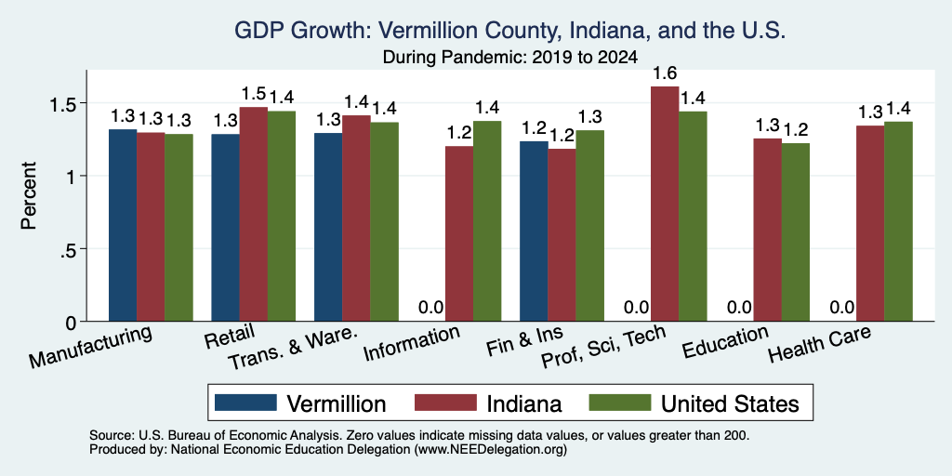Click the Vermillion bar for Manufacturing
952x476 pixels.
point(123,225)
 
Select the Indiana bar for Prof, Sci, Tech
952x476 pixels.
point(665,204)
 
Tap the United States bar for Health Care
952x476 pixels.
point(899,221)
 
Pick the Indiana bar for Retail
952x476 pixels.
point(253,215)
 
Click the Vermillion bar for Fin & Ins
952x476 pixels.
point(535,231)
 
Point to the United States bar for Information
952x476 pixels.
point(487,221)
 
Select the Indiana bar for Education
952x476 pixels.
point(767,231)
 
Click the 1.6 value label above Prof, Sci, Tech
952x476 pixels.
point(665,73)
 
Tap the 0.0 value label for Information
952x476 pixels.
point(430,307)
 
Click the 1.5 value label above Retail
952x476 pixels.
point(253,94)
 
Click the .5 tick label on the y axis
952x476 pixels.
point(69,249)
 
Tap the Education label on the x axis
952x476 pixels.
point(725,342)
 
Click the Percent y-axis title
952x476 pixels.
point(29,195)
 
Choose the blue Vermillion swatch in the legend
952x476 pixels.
point(245,403)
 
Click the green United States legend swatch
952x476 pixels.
point(620,403)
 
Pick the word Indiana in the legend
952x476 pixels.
point(524,403)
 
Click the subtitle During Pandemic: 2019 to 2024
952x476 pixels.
point(510,58)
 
